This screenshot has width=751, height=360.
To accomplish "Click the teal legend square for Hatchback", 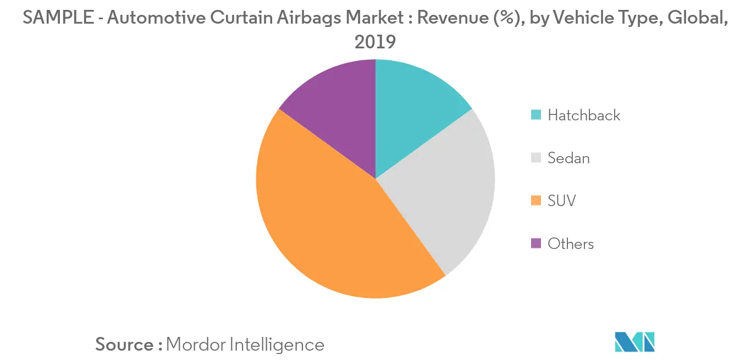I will tap(535, 115).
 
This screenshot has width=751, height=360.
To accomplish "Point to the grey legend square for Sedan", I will tap(535, 158).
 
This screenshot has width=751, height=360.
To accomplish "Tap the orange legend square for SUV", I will tap(535, 201).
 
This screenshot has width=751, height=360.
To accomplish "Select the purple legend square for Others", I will tap(535, 243).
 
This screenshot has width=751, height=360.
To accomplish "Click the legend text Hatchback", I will tap(584, 115).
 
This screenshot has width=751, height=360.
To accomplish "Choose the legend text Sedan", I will tap(568, 158).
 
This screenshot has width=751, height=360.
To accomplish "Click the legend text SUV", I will tap(561, 201).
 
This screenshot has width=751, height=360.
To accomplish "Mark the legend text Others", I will tap(571, 243).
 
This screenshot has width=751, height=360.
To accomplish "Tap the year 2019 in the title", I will tap(375, 42).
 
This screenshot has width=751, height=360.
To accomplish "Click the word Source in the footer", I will tap(124, 345).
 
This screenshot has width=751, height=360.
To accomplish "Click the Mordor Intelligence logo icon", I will tap(634, 341).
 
